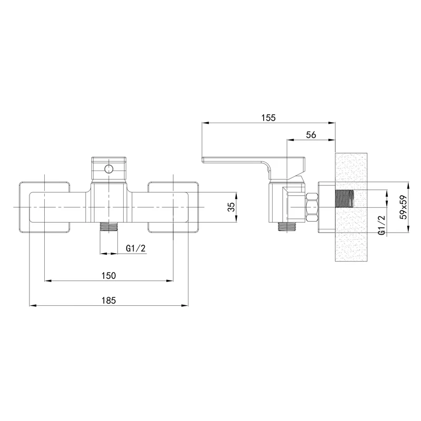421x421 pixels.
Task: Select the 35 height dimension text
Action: tap(230, 206)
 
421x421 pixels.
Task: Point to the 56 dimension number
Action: tap(310, 135)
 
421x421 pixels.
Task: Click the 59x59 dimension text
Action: tap(404, 207)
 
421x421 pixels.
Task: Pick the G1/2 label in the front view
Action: tap(136, 248)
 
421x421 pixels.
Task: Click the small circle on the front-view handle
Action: tap(109, 168)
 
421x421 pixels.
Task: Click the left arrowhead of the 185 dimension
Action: tap(31, 305)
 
